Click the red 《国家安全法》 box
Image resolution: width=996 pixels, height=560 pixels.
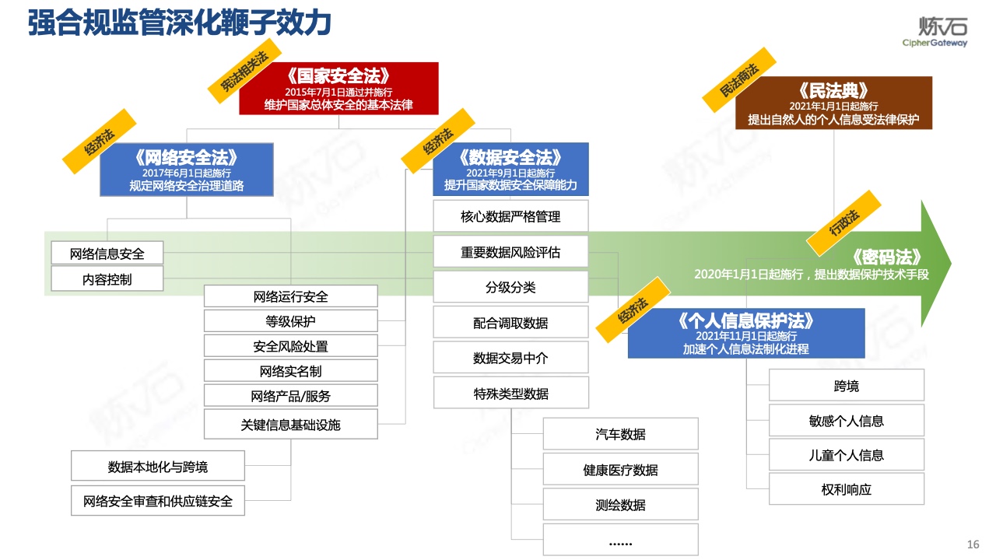pos(338,89)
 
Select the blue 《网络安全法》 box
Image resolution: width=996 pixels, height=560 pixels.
pos(186,170)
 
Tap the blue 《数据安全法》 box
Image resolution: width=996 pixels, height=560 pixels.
pos(510,170)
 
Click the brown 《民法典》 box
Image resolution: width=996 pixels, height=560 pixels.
pos(833,103)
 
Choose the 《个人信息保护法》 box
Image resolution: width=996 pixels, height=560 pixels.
pos(746,333)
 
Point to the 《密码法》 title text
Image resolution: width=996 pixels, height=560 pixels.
pos(886,257)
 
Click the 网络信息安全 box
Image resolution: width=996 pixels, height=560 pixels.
pos(107,253)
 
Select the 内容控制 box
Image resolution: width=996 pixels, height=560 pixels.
pos(107,278)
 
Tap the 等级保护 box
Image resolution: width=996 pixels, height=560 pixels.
pos(291,321)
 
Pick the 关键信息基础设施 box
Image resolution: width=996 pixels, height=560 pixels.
pos(291,425)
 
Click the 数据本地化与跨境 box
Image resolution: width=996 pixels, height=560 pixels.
pos(158,466)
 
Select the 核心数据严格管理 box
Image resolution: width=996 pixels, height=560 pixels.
pos(510,216)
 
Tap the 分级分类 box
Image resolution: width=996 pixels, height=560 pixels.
pos(510,287)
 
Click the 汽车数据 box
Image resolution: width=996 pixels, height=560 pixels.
pos(620,434)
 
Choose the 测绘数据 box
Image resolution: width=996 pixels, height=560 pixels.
pos(620,505)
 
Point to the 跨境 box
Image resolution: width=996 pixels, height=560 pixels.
pos(846,385)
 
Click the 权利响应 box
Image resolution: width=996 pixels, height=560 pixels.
pos(846,489)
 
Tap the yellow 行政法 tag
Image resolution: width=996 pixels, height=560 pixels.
pos(843,223)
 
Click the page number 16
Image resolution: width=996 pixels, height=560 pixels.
pos(973,544)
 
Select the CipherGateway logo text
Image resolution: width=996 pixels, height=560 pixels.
pos(935,43)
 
